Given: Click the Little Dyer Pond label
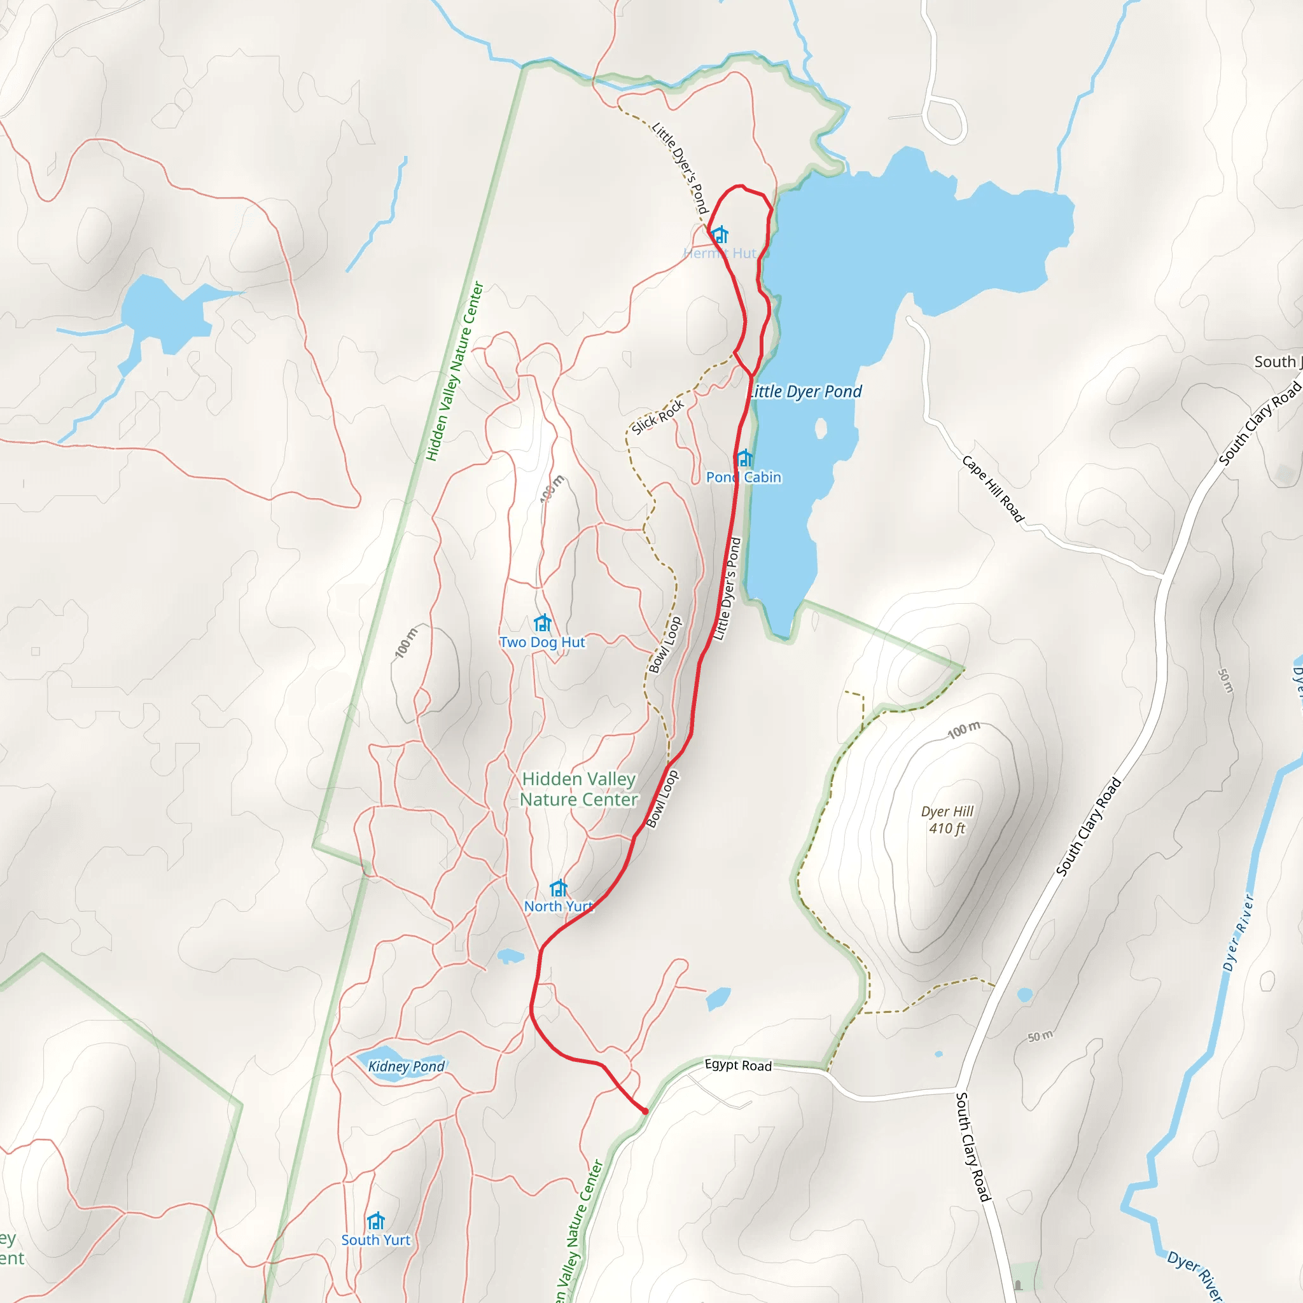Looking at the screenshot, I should click(x=805, y=392).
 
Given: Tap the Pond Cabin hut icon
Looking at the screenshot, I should click(x=744, y=459).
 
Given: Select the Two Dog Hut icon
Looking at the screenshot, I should click(x=542, y=622).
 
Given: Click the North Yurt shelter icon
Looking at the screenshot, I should click(x=559, y=888).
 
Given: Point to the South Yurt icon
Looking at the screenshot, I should click(x=375, y=1221).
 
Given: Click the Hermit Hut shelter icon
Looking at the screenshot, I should click(x=720, y=235).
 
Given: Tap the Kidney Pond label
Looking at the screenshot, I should click(x=406, y=1066).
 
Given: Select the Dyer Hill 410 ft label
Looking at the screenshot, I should click(x=947, y=819).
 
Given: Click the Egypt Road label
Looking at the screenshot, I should click(x=738, y=1065).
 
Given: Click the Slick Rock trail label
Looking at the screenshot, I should click(x=658, y=417).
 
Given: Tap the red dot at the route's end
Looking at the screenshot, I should click(x=645, y=1111).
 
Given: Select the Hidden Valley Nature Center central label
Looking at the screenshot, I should click(x=579, y=789).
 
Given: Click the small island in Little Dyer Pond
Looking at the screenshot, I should click(x=821, y=428).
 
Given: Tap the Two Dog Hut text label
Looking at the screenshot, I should click(x=542, y=642).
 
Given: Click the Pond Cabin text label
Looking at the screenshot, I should click(x=743, y=478).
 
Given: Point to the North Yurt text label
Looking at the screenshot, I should click(x=559, y=907).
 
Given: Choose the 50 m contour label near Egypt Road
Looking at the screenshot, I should click(x=1040, y=1036).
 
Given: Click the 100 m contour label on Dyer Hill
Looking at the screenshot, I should click(x=964, y=729).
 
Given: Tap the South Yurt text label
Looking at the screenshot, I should click(x=375, y=1239).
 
